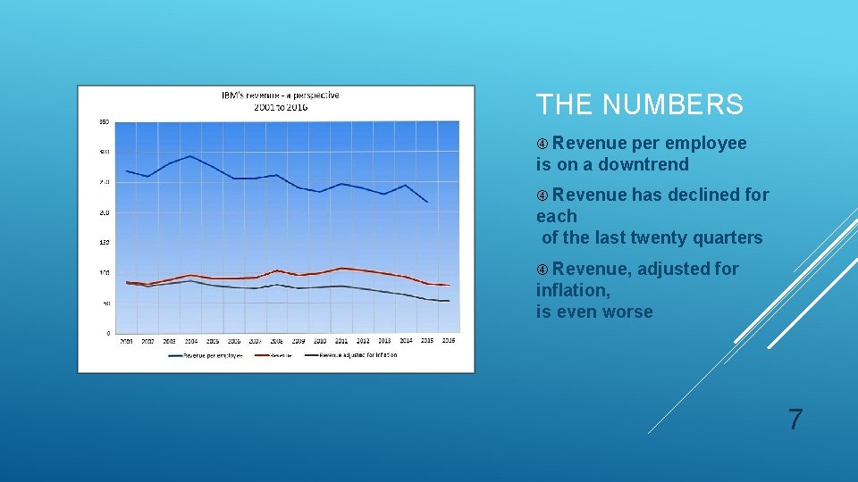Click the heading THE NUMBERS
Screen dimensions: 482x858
click(639, 105)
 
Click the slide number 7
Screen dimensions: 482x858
click(795, 420)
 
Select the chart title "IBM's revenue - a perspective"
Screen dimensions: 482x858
click(281, 96)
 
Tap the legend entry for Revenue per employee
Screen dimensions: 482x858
click(206, 355)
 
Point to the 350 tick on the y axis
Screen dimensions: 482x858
click(104, 121)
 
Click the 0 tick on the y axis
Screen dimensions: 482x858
click(107, 334)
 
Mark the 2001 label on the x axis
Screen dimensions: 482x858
click(127, 341)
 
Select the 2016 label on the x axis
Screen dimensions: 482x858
click(449, 341)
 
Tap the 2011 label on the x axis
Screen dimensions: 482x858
click(341, 341)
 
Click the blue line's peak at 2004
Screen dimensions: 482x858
click(190, 156)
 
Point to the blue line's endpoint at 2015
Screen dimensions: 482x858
click(427, 203)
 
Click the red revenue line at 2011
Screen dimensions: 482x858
click(341, 268)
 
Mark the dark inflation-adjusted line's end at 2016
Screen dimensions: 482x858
click(449, 301)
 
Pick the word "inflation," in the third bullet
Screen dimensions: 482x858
click(573, 290)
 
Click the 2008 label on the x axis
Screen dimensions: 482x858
click(277, 341)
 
